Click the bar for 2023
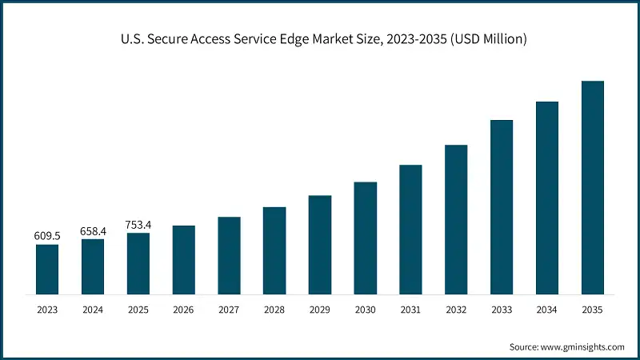click(x=47, y=269)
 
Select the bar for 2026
click(x=183, y=259)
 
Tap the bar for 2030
click(x=365, y=238)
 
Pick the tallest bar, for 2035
click(x=592, y=187)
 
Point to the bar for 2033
click(x=502, y=206)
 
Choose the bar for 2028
click(x=274, y=250)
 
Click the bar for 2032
click(x=456, y=219)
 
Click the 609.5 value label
click(x=47, y=237)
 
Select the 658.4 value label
click(x=93, y=231)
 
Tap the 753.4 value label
click(x=138, y=225)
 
